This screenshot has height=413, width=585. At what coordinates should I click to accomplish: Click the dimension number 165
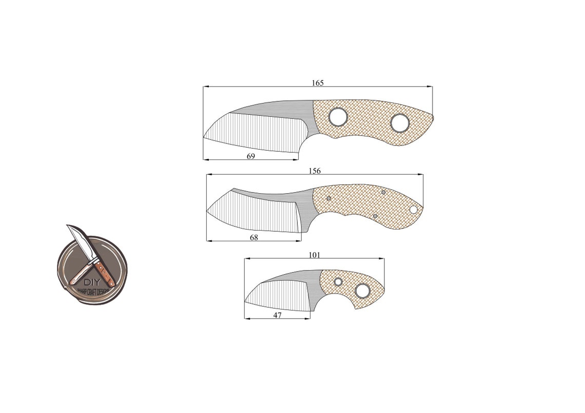coord(318,83)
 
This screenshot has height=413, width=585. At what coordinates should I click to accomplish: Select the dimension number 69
coord(251,156)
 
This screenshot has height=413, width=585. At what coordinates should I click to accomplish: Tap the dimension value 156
coord(315,171)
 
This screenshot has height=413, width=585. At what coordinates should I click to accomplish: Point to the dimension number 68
coord(254,237)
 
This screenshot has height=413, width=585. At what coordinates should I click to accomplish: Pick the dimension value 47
coord(277,316)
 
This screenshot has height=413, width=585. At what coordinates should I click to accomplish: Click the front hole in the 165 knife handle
coord(338,117)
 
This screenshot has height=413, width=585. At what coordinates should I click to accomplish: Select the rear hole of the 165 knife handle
coord(400,123)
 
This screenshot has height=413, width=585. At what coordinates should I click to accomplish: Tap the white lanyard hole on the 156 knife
coord(413,209)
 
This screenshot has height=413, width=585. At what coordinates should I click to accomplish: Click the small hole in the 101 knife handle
coord(338,282)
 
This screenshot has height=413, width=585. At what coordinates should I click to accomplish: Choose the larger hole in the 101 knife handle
coord(362,291)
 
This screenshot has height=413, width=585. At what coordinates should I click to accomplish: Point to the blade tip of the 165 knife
coord(204,137)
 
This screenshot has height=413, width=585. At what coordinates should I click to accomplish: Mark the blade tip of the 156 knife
coord(207,210)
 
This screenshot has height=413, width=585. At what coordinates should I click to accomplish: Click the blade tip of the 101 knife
coord(245,302)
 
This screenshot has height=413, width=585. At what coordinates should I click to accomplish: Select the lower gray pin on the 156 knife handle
coord(375,216)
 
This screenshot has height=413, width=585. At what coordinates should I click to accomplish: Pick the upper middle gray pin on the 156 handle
coord(383,192)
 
